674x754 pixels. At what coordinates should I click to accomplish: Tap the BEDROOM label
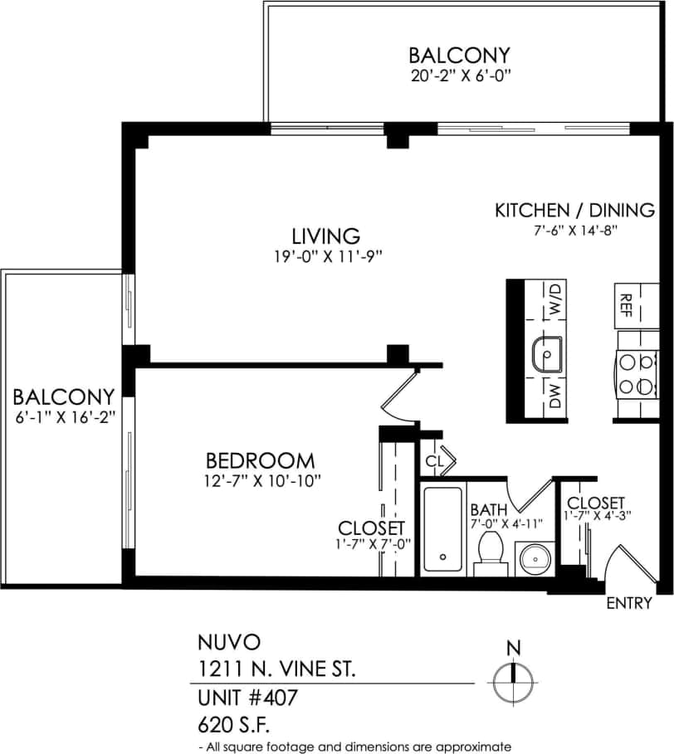click(x=260, y=460)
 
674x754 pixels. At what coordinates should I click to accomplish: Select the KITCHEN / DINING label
click(x=574, y=210)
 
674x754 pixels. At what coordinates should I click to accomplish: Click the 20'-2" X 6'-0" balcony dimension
click(x=458, y=75)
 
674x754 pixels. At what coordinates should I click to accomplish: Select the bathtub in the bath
click(x=442, y=528)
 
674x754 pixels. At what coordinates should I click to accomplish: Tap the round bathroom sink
click(x=531, y=557)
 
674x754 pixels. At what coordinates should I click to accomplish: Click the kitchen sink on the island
click(x=547, y=355)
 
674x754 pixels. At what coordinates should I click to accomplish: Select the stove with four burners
click(x=637, y=373)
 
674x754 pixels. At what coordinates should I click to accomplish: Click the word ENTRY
click(x=629, y=603)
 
